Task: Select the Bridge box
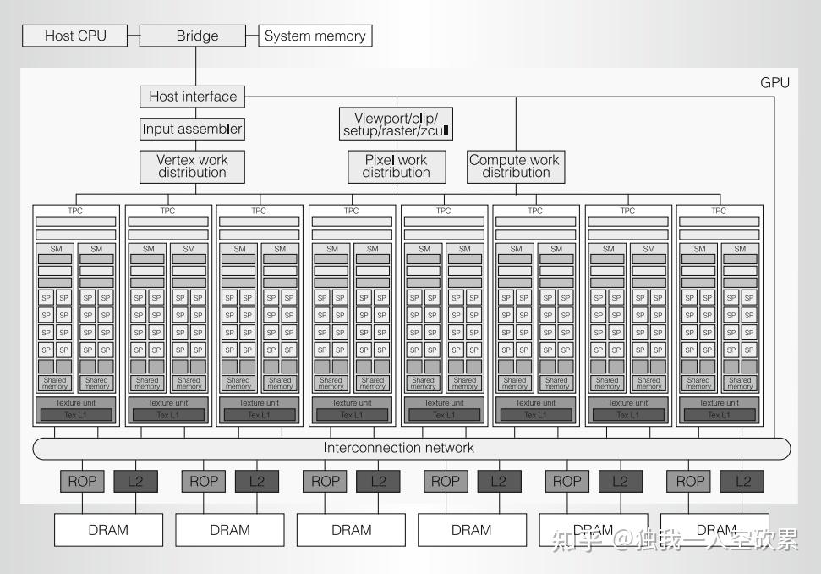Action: coord(197,36)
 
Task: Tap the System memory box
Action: coord(315,36)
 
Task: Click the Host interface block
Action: coord(193,97)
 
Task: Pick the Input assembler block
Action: coord(193,130)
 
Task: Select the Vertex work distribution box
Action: coord(193,166)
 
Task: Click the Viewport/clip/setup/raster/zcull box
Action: coord(397,124)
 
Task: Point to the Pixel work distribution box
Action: coord(397,166)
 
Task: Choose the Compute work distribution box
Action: coord(515,166)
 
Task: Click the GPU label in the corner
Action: coord(774,82)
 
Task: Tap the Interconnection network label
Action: coord(399,448)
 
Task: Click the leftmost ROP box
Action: coord(82,481)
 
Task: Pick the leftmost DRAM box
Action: coord(108,530)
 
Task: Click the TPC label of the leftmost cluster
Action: coord(76,211)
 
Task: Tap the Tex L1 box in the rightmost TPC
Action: coord(719,415)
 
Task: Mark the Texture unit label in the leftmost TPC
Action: coord(76,403)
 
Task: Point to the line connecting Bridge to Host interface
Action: coord(196,65)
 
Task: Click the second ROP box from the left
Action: coord(204,481)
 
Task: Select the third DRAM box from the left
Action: coord(351,530)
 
